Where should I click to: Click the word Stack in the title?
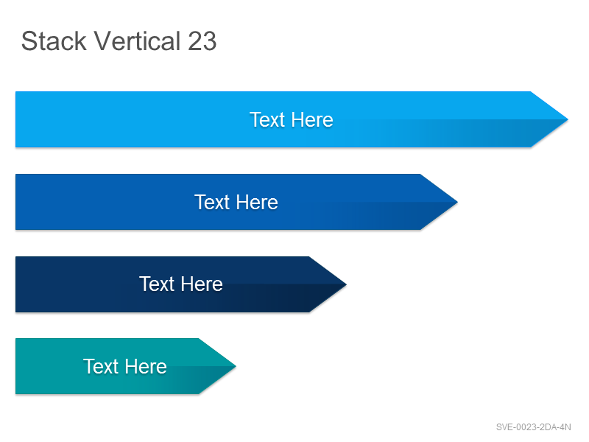pos(54,41)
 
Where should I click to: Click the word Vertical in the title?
pos(137,41)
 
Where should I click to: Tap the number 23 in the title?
pos(202,41)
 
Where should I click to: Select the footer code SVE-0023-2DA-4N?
pos(533,427)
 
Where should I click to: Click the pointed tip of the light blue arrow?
pos(568,119)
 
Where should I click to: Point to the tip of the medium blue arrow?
pos(457,202)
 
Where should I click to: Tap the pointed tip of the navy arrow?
pos(346,284)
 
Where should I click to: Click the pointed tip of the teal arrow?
pos(236,366)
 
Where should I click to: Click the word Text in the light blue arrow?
pos(267,120)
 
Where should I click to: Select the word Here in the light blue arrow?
pos(312,120)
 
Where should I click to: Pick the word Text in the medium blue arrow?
pos(212,202)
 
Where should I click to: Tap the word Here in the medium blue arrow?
pos(257,202)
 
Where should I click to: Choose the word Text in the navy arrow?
pos(157,284)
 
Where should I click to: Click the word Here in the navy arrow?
pos(202,284)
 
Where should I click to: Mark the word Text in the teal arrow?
pos(101,366)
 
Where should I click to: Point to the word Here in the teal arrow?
pos(146,366)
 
